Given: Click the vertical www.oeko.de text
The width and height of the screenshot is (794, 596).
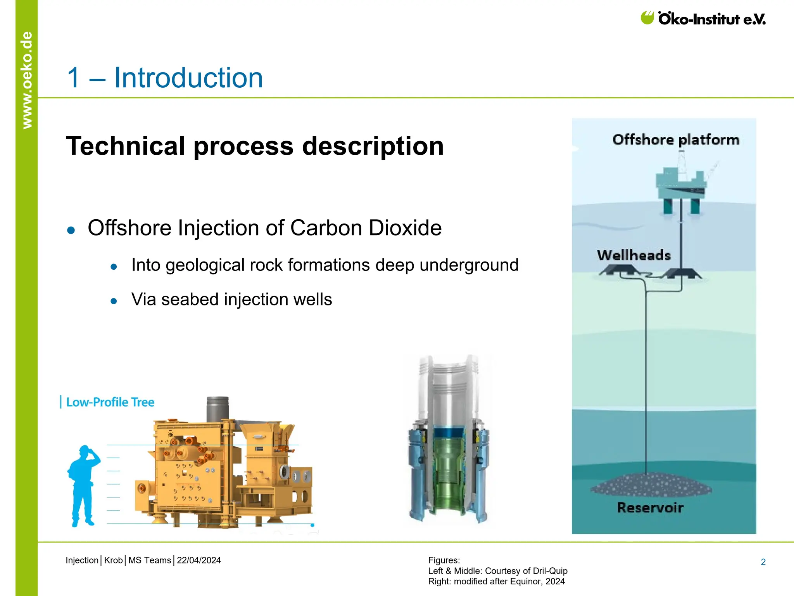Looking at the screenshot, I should tap(27, 80).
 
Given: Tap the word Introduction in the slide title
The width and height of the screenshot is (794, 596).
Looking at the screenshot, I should tap(188, 78).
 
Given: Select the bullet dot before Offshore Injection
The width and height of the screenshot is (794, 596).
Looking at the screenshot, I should tap(71, 230).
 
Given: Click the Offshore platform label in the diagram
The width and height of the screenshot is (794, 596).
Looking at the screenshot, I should tap(676, 139).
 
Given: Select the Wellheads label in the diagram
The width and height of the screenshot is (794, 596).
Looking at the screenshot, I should tap(634, 255).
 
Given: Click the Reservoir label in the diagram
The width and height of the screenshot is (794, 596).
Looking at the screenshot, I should tap(650, 508).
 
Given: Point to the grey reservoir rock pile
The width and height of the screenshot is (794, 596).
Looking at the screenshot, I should tap(651, 485).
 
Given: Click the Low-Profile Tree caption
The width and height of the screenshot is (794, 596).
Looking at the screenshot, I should tap(110, 402).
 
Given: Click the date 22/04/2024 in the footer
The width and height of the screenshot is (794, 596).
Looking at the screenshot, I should tap(199, 560).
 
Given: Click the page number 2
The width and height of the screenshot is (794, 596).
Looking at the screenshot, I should tap(763, 562).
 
